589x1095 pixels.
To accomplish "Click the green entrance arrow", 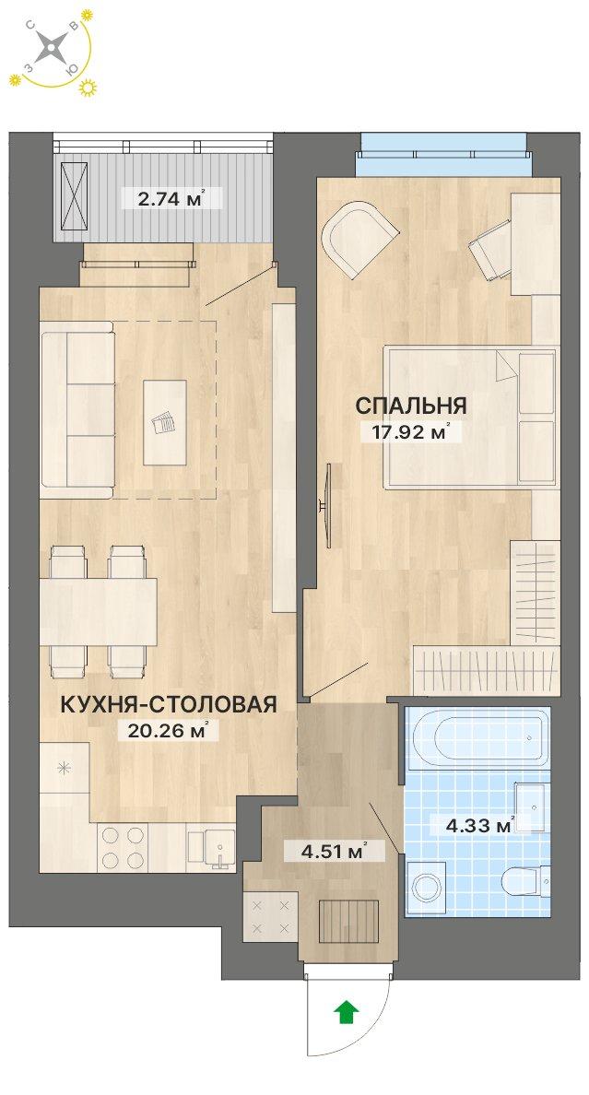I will [346, 1012].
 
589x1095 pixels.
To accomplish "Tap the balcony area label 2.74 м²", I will [163, 196].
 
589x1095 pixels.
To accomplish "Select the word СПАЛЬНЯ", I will [410, 406].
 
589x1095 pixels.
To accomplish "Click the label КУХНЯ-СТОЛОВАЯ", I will [169, 705].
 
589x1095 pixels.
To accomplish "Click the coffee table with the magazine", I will [165, 423].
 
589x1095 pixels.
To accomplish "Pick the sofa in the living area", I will [77, 409].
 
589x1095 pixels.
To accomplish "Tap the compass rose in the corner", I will [53, 49].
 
